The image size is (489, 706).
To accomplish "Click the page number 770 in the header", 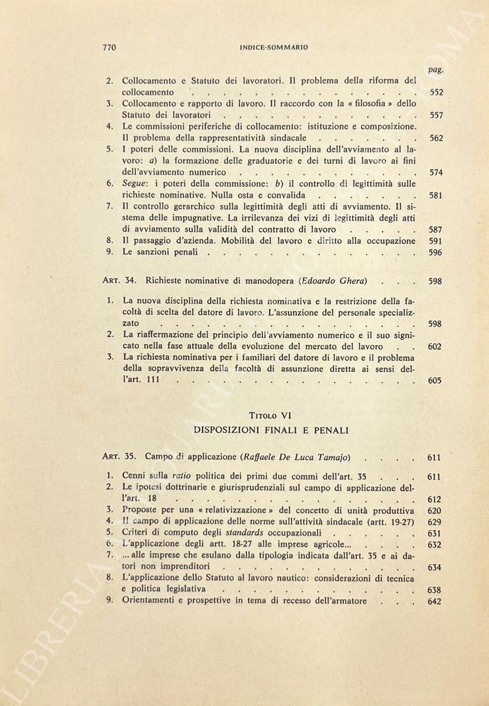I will pyautogui.click(x=110, y=48).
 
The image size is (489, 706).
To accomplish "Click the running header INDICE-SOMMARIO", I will pyautogui.click(x=274, y=48).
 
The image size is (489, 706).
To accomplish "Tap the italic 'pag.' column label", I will pyautogui.click(x=435, y=69).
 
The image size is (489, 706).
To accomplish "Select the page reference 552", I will pyautogui.click(x=435, y=93).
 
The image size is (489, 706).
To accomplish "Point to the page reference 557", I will pyautogui.click(x=435, y=115).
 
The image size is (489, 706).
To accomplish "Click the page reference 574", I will pyautogui.click(x=435, y=173).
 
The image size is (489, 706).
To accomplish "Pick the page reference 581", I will pyautogui.click(x=435, y=196).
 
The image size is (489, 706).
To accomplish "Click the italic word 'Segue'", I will pyautogui.click(x=136, y=184).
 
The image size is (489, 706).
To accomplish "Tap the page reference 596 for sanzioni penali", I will pyautogui.click(x=435, y=253).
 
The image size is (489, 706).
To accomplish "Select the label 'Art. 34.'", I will pyautogui.click(x=119, y=281).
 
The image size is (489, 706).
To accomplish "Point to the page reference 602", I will pyautogui.click(x=435, y=347).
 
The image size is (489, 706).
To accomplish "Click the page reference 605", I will pyautogui.click(x=435, y=381).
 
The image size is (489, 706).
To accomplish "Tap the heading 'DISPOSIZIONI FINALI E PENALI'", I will pyautogui.click(x=270, y=430).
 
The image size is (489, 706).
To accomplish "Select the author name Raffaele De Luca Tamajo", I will pyautogui.click(x=305, y=457).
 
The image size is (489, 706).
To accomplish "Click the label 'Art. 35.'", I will pyautogui.click(x=119, y=457).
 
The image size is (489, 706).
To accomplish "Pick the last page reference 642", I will pyautogui.click(x=435, y=602).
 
